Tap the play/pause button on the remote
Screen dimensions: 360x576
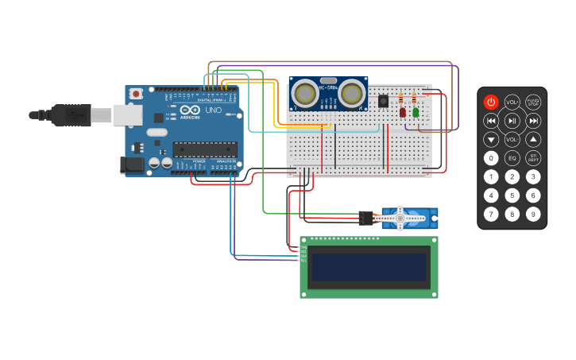[512, 121]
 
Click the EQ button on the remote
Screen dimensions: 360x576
[512, 157]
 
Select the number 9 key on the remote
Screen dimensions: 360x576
[533, 214]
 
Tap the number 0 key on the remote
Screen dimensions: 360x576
[491, 157]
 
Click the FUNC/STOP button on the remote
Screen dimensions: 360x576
[533, 103]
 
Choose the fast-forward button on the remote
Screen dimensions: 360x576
[533, 121]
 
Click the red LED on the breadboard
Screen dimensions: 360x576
[403, 112]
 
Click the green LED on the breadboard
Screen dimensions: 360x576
[416, 112]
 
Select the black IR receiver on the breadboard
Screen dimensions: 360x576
[383, 101]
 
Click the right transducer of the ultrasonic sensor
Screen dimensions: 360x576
[351, 95]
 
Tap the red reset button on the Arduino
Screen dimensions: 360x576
[136, 94]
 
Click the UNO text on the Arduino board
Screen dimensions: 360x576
[213, 110]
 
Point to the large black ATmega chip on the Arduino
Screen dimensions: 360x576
[205, 149]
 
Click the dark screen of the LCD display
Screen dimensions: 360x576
[369, 267]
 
